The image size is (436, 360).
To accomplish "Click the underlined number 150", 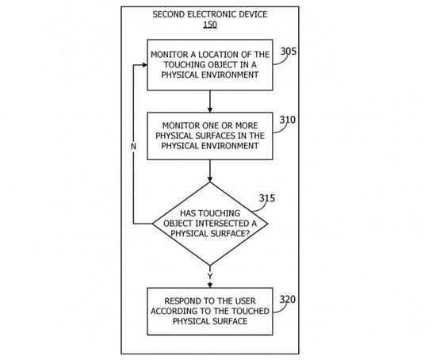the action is (x=210, y=25).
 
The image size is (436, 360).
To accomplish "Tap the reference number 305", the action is (x=289, y=52).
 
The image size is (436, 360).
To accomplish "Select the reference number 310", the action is (x=288, y=120).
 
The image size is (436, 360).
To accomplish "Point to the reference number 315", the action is (x=267, y=198).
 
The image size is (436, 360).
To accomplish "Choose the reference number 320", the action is (x=288, y=300).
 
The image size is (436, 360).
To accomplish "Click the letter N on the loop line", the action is (x=133, y=147).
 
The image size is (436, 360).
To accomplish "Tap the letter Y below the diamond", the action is (x=210, y=276).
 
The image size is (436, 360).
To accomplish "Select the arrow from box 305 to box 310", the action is (x=210, y=101).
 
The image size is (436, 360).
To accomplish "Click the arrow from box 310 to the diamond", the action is (x=210, y=170).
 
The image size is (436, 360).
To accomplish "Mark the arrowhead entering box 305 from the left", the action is (x=144, y=65).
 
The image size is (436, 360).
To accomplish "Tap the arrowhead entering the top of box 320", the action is (x=210, y=285).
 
